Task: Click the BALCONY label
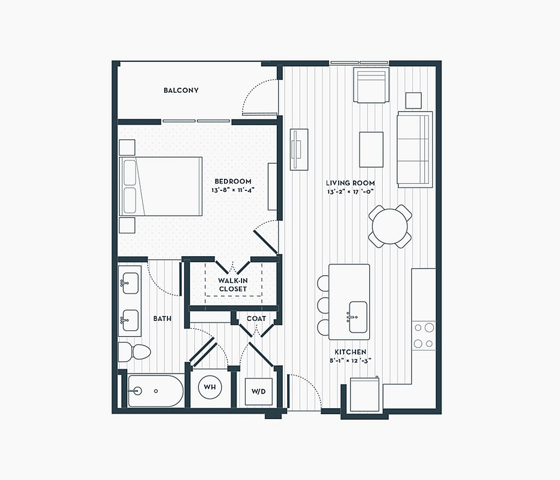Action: tap(181, 90)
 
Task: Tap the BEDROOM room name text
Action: tap(233, 181)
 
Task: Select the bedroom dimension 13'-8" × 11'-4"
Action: tap(233, 190)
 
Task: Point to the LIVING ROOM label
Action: tap(350, 183)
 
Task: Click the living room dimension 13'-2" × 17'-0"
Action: tap(350, 192)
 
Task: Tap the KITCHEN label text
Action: tap(350, 352)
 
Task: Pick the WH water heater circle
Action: tap(210, 387)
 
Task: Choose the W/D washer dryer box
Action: tap(259, 391)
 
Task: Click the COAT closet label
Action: tap(257, 318)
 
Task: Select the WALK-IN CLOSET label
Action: tap(233, 285)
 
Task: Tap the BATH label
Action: tap(163, 318)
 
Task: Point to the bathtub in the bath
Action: tap(156, 391)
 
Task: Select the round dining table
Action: tap(390, 227)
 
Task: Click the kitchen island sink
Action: tap(358, 317)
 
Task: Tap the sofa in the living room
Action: tap(415, 149)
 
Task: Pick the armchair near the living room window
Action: tap(371, 85)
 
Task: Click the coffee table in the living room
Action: tap(371, 149)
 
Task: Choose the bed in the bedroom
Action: tap(161, 186)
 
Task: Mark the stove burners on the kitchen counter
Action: tap(424, 335)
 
